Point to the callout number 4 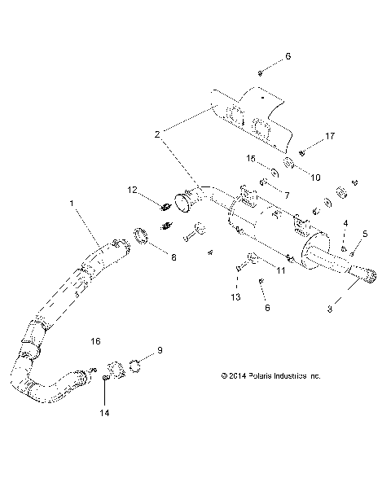tap(345, 223)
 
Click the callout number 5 tap(365, 234)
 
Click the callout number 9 tap(160, 349)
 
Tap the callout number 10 tap(293, 178)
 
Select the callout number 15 tap(253, 159)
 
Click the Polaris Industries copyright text tap(270, 376)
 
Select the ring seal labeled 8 tap(140, 237)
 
